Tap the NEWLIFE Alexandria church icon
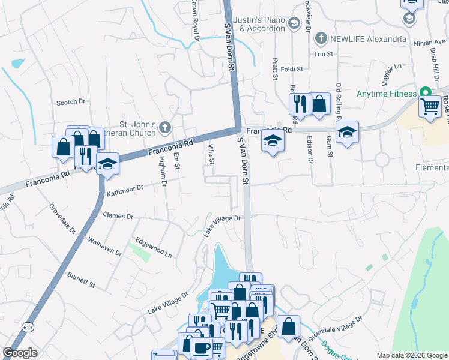[321, 38]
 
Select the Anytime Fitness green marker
[426, 94]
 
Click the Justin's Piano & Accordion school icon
[294, 23]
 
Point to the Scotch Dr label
[71, 103]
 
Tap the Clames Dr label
[118, 215]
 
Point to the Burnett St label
[81, 278]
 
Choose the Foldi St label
[291, 70]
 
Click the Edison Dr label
[310, 150]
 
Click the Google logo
[20, 353]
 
